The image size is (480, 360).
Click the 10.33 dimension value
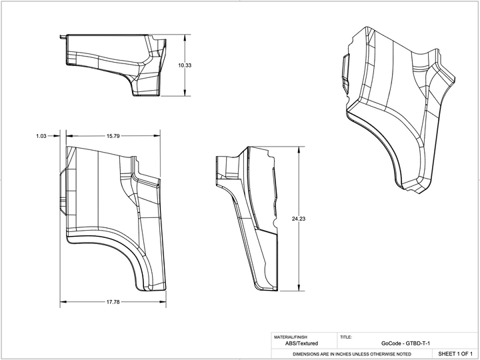185,65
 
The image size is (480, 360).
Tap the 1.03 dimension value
41,136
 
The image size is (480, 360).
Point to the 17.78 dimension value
113,302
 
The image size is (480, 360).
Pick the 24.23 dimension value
299,219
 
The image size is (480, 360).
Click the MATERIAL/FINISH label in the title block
290,337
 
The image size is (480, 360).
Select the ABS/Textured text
301,343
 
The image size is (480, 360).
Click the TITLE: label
346,337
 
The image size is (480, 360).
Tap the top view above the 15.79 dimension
113,63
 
